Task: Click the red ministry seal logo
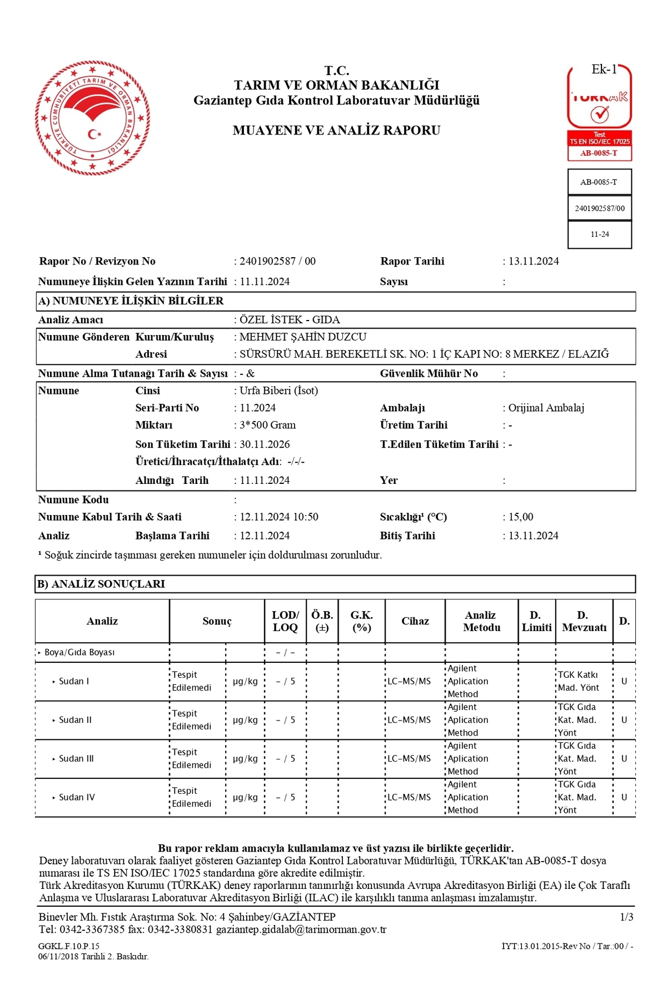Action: tap(92, 118)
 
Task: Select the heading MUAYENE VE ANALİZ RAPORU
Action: tap(336, 131)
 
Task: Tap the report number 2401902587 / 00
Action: tap(277, 261)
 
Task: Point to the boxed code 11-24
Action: tap(599, 234)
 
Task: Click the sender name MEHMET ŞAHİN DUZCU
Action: tap(303, 337)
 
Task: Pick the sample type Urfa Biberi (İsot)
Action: tap(279, 391)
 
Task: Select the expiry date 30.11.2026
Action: tap(265, 444)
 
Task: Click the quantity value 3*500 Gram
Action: tap(268, 425)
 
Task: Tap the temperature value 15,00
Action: tap(521, 517)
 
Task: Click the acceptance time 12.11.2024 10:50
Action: tap(279, 517)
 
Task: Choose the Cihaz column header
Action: tap(415, 621)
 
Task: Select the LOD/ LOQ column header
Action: tap(285, 621)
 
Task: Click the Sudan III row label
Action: tap(76, 758)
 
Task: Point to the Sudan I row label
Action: tap(74, 681)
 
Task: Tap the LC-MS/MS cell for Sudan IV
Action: tap(409, 797)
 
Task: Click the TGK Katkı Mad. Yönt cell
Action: tap(578, 681)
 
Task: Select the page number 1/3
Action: tap(626, 917)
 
